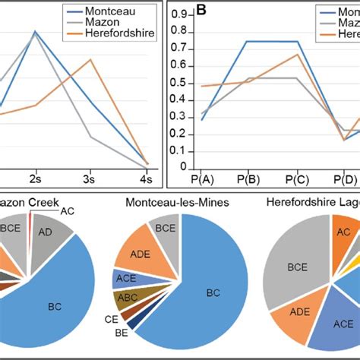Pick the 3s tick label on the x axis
click(x=89, y=179)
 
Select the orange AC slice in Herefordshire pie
click(x=343, y=233)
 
